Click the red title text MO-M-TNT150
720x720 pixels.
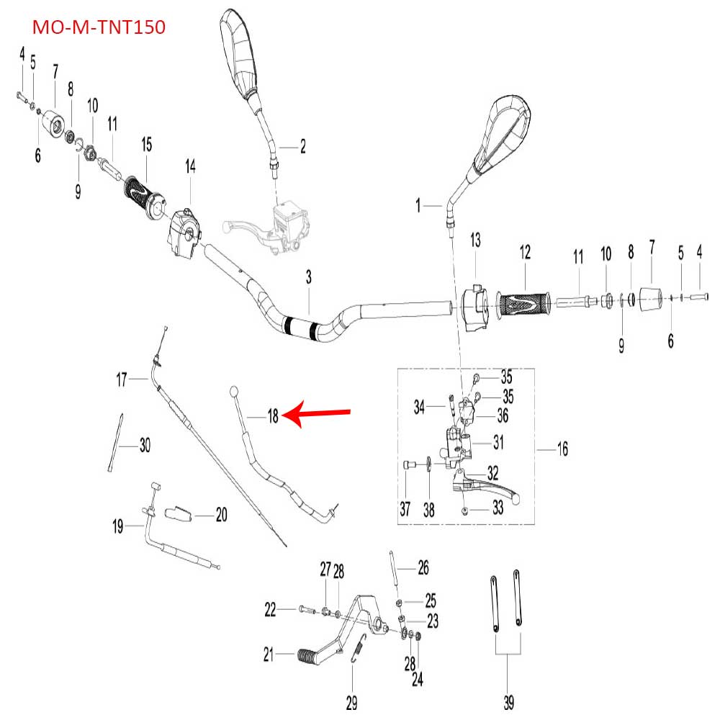pyautogui.click(x=99, y=27)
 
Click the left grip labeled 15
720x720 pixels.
pyautogui.click(x=143, y=196)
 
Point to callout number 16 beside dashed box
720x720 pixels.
pyautogui.click(x=562, y=449)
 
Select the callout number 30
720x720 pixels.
pyautogui.click(x=145, y=446)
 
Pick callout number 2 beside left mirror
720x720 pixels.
pyautogui.click(x=302, y=147)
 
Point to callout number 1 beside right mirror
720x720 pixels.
pyautogui.click(x=418, y=206)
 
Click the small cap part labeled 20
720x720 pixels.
pyautogui.click(x=180, y=514)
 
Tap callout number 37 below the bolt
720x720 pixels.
pyautogui.click(x=405, y=510)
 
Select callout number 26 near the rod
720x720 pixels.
pyautogui.click(x=423, y=568)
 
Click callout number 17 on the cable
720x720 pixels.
pyautogui.click(x=122, y=378)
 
